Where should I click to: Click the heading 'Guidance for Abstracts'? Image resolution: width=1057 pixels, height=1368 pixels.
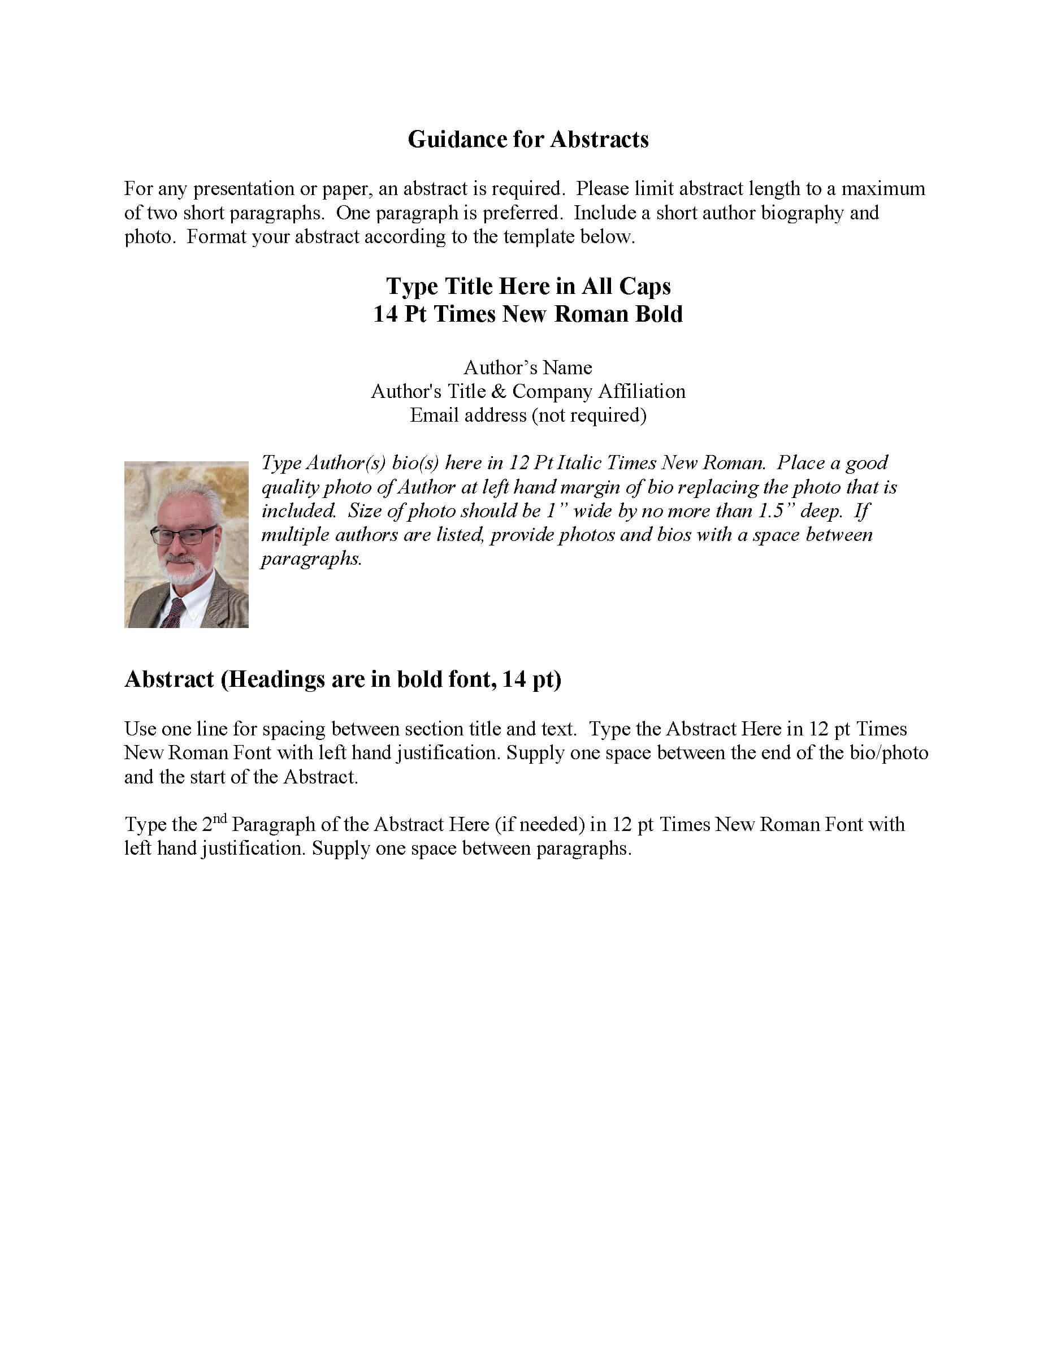coord(528,139)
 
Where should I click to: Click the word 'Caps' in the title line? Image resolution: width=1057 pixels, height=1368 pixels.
coord(644,286)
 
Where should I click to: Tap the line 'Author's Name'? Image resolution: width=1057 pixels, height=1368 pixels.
coord(528,367)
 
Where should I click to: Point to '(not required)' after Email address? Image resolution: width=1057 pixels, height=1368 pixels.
coord(588,415)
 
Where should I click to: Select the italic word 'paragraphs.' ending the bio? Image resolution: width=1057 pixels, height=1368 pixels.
coord(311,559)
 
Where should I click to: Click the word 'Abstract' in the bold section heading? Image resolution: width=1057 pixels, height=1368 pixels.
coord(169,679)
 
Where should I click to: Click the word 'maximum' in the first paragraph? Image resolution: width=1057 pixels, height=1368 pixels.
coord(882,189)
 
